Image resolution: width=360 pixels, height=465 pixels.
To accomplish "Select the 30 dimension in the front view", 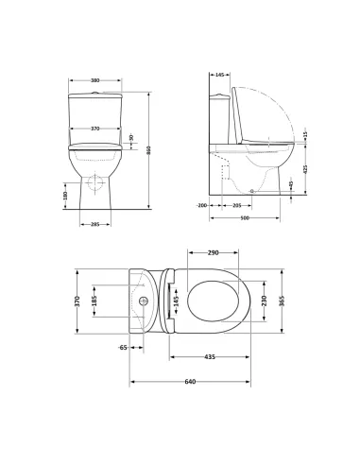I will click(x=130, y=139).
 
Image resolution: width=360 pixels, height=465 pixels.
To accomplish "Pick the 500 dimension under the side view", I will click(x=244, y=218).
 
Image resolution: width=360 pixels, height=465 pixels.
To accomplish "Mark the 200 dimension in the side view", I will click(x=202, y=204).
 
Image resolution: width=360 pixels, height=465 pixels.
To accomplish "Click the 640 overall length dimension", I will click(x=190, y=381).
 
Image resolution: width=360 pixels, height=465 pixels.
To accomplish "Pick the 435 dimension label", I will click(x=209, y=357).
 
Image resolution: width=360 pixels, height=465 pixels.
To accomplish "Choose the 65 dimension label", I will click(x=124, y=348).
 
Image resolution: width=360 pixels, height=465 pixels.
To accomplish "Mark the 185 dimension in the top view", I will click(x=94, y=302).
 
